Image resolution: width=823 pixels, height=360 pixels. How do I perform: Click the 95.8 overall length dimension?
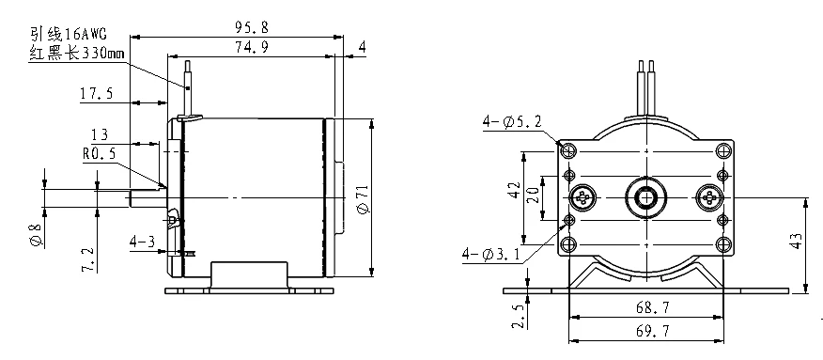(251, 27)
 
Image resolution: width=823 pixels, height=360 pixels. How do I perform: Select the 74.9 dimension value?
(251, 47)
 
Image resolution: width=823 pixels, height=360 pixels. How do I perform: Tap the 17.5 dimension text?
(96, 94)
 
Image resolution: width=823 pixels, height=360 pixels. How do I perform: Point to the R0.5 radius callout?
(99, 154)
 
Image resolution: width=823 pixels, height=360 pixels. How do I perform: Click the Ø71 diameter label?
(364, 199)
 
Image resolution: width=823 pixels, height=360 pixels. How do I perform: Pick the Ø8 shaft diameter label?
(36, 235)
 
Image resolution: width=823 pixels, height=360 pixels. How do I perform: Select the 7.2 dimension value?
(88, 260)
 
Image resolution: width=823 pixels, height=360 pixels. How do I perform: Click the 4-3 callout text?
(143, 242)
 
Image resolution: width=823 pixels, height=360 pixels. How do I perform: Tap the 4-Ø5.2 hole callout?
(512, 122)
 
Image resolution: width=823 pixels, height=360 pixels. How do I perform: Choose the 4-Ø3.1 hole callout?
(491, 255)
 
